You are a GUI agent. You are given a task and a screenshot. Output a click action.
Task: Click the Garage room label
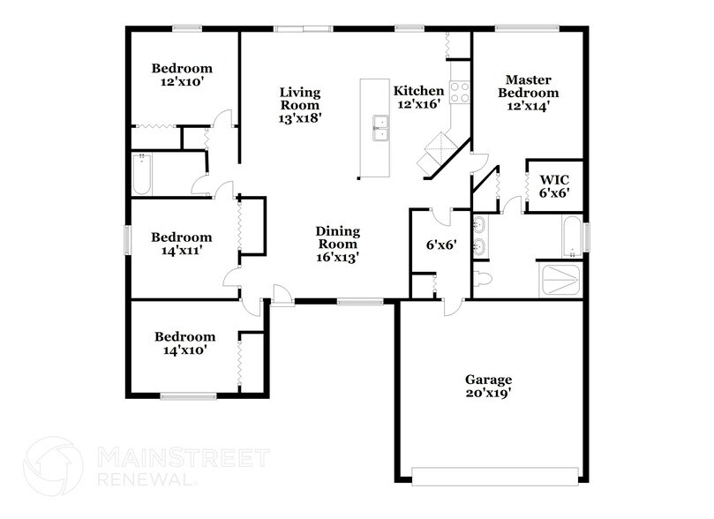(x=489, y=380)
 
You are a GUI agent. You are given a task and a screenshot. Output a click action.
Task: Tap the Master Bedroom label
(x=528, y=85)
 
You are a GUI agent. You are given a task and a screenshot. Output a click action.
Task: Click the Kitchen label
(x=418, y=91)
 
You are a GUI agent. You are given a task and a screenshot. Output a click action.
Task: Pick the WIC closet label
(x=555, y=177)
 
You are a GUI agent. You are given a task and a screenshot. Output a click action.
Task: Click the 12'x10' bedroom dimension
(x=181, y=82)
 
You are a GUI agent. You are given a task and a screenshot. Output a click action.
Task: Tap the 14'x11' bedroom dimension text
(x=181, y=251)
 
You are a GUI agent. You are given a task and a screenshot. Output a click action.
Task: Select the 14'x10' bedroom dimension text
(x=184, y=350)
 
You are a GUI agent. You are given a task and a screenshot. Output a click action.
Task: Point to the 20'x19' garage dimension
(x=489, y=393)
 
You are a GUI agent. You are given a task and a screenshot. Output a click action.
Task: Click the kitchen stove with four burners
(x=460, y=92)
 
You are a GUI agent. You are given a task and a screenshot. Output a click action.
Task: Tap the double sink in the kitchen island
(x=381, y=129)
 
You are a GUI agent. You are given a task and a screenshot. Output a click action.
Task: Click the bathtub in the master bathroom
(x=572, y=237)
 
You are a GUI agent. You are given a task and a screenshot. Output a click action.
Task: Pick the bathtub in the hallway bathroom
(x=141, y=175)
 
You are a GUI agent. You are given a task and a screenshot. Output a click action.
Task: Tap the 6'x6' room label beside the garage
(x=440, y=244)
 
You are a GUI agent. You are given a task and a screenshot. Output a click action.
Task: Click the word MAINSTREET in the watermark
(x=182, y=458)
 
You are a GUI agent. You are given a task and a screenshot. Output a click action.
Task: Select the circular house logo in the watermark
(x=56, y=469)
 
